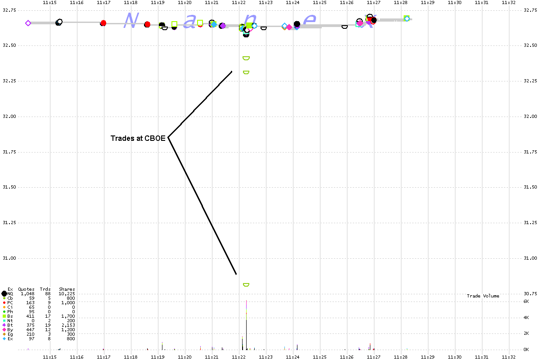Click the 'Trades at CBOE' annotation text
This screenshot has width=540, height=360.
(138, 138)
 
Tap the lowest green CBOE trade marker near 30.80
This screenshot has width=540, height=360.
(246, 285)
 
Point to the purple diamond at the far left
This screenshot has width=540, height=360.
(28, 23)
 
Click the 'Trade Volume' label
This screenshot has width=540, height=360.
(483, 296)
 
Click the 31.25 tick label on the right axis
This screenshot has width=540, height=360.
(530, 223)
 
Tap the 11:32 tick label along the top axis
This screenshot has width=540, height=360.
(509, 3)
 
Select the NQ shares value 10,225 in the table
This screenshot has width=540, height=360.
(67, 294)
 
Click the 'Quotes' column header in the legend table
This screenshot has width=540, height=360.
(26, 289)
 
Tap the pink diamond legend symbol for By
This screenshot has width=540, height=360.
(4, 330)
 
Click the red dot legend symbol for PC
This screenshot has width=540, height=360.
(4, 303)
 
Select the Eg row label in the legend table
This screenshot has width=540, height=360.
(10, 334)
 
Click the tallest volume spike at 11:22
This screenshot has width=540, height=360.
(246, 324)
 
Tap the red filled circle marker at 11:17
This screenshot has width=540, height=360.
(103, 23)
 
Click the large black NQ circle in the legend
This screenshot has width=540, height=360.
(4, 294)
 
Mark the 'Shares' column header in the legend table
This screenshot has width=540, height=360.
(67, 289)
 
